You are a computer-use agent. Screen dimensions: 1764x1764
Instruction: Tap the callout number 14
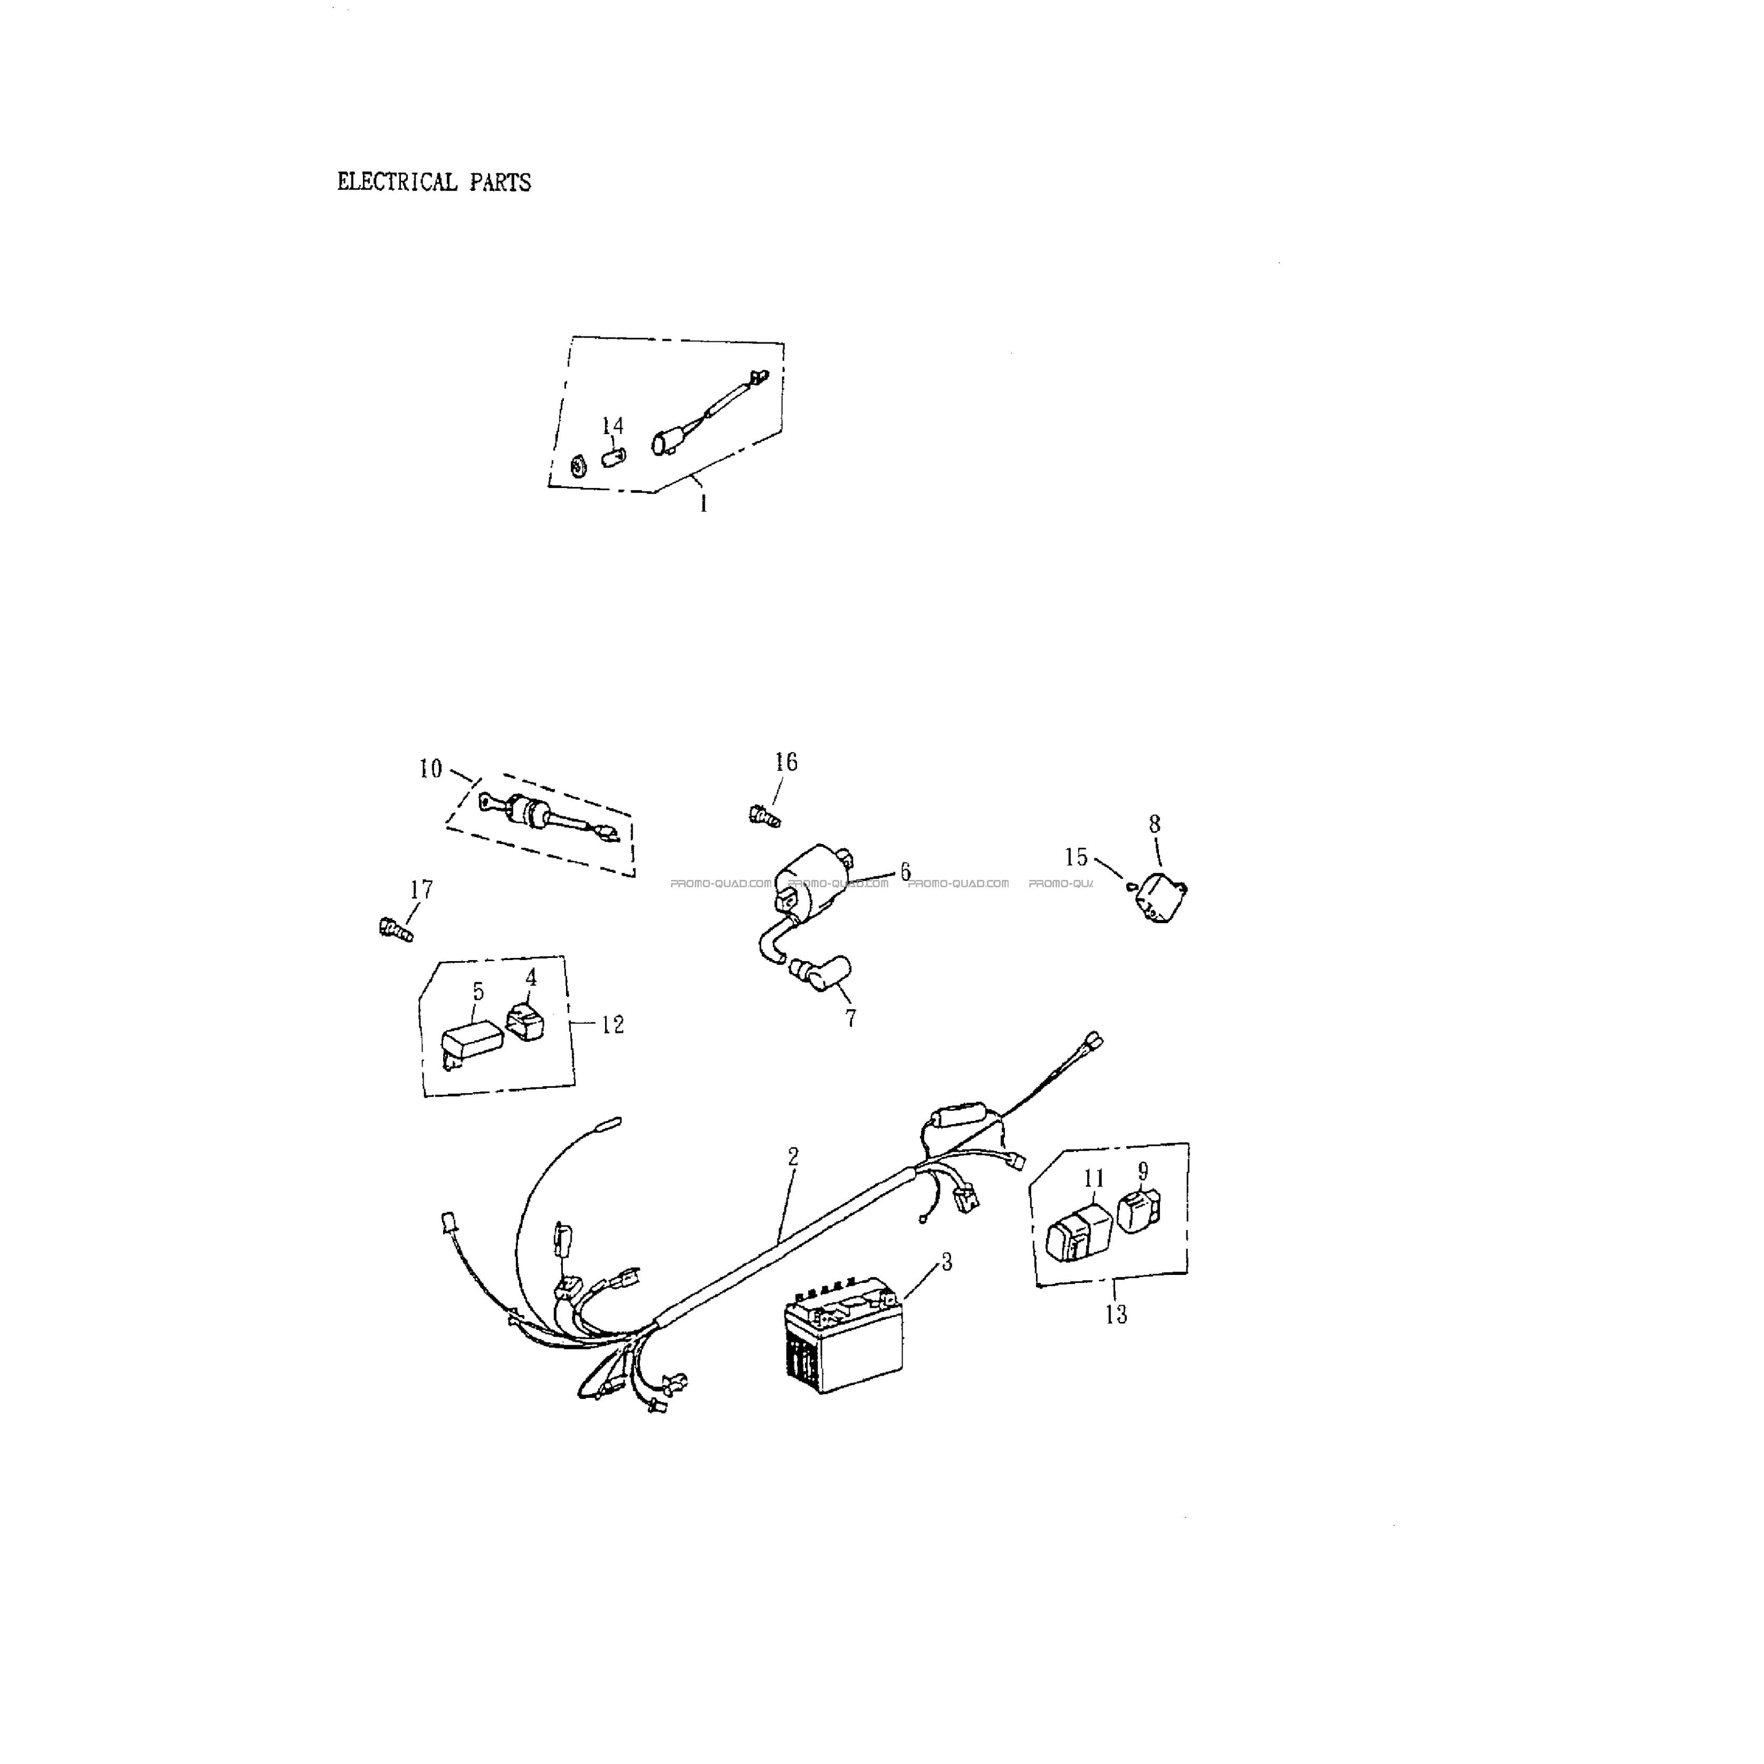tap(612, 426)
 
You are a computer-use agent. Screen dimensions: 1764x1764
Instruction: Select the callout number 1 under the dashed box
tap(703, 504)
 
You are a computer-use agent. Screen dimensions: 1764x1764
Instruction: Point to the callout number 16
tap(786, 762)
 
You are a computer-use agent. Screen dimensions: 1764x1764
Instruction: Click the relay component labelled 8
tap(1158, 897)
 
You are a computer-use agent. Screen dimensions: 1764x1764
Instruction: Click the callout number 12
tap(612, 1024)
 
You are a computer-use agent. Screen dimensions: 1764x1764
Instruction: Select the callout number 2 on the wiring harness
tap(793, 1157)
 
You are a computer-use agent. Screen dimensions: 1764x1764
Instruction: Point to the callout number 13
tap(1116, 1315)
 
